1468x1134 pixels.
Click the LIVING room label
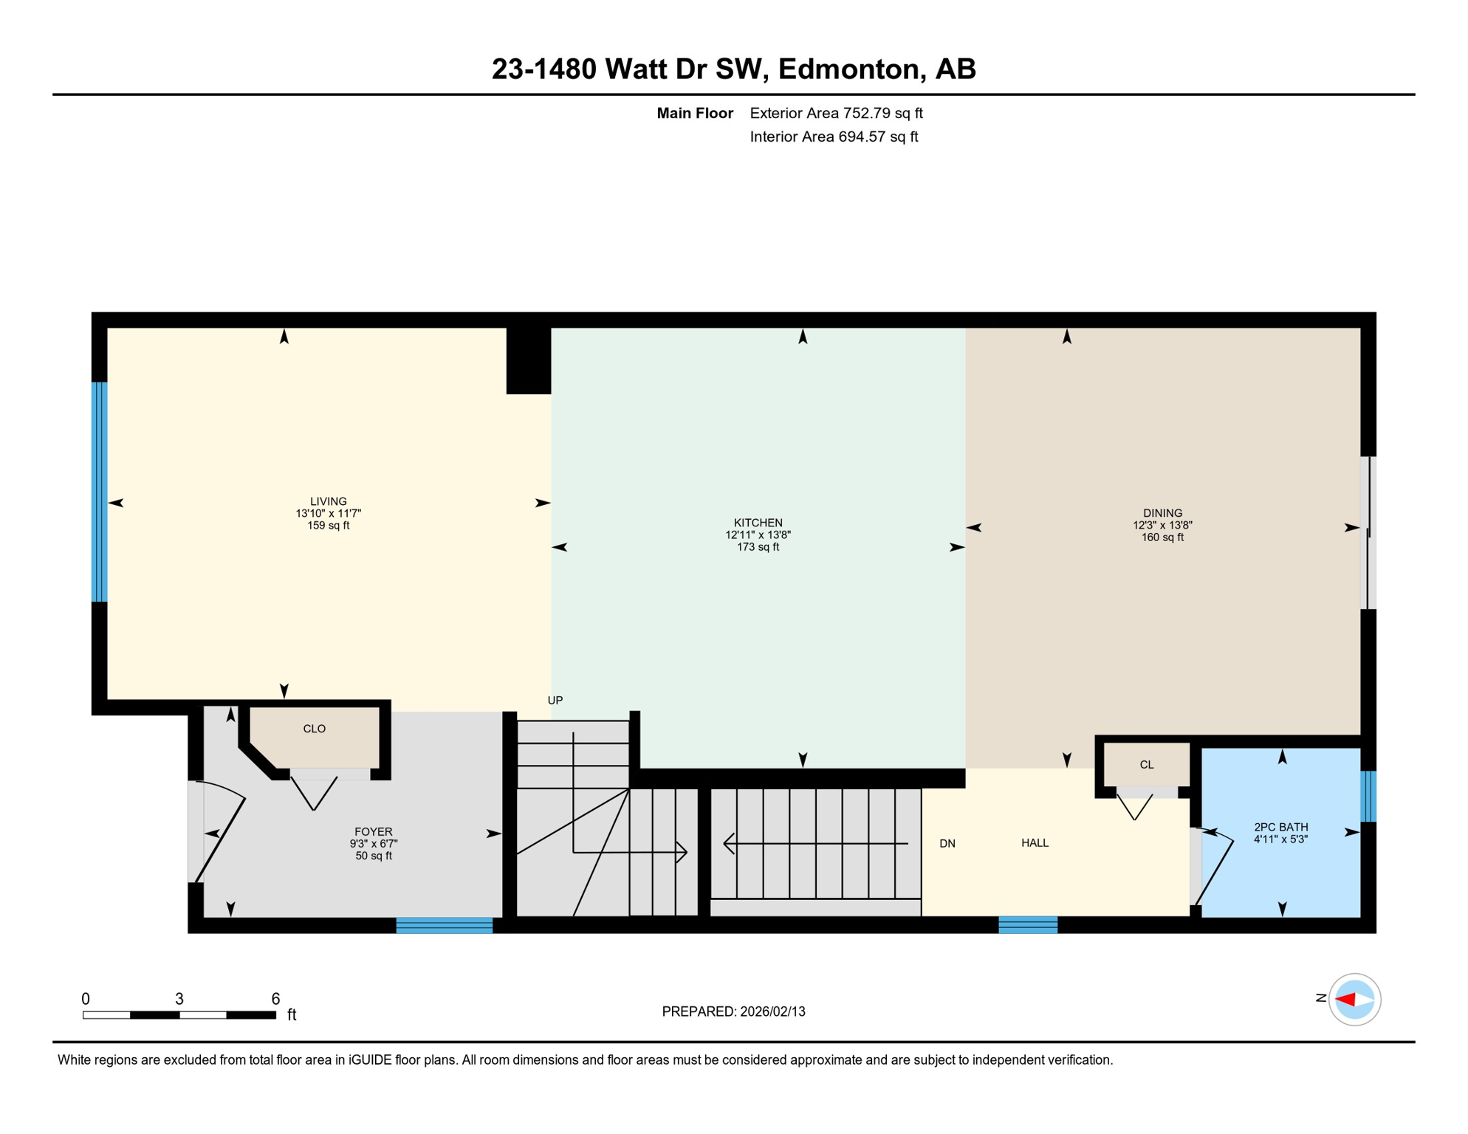[x=328, y=502]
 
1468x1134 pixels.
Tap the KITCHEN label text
[x=758, y=523]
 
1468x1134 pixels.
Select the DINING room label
[x=1162, y=514]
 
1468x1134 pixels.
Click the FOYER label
[x=373, y=832]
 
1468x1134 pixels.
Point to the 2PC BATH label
[x=1280, y=828]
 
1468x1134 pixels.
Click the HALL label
[x=1035, y=843]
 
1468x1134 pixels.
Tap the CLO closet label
[x=314, y=729]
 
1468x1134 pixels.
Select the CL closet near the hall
[x=1146, y=765]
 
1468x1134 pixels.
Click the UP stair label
[x=555, y=701]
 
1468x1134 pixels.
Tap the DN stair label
[x=947, y=844]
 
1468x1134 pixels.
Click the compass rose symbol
[x=1354, y=1000]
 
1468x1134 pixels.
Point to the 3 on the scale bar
[x=179, y=999]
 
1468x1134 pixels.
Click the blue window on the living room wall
[x=100, y=492]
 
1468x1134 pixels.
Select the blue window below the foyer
[x=444, y=925]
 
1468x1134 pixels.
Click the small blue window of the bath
[x=1368, y=796]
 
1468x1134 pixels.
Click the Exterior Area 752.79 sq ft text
[x=836, y=113]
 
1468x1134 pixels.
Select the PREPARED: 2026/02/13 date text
[x=733, y=1011]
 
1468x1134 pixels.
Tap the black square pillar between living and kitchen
[x=529, y=360]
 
